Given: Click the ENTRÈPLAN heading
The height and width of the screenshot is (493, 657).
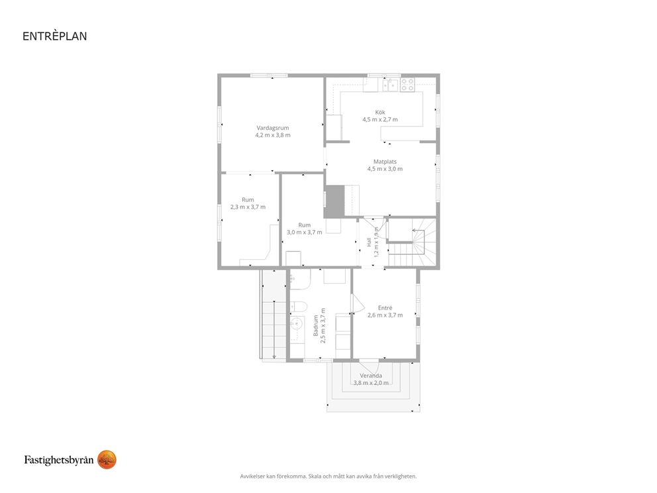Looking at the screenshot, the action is (55, 36).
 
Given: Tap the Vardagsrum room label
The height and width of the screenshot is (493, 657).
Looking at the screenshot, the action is (273, 128).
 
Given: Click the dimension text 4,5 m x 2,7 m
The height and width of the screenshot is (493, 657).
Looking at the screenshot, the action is (380, 119).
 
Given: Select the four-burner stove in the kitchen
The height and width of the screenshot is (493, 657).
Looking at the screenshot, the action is (408, 85).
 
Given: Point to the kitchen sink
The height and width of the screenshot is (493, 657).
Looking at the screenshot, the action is (390, 85).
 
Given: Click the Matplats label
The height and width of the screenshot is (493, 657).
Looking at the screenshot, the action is (385, 162).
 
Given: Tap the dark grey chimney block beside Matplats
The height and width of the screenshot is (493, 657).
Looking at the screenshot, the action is (334, 201).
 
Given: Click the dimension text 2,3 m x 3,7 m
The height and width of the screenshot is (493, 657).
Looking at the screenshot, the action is (248, 207).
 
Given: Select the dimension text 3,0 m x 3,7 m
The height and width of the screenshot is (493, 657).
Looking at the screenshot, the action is (305, 232).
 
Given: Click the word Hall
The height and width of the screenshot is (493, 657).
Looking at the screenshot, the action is (369, 242).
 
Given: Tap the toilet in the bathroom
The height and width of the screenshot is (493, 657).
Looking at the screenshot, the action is (299, 306).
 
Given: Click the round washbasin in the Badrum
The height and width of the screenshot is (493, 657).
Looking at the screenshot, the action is (297, 323).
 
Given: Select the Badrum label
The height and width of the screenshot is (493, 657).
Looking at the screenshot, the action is (316, 326).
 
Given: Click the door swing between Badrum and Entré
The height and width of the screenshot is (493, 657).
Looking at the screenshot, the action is (358, 303).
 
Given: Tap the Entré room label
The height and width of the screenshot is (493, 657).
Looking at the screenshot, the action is (385, 307).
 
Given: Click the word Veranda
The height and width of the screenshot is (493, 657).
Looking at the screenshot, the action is (371, 376).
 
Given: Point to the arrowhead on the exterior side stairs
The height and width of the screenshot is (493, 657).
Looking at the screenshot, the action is (274, 356).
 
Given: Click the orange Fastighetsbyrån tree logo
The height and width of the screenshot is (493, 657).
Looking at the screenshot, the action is (107, 460).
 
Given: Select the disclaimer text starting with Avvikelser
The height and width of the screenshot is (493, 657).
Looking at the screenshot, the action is (328, 476).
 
